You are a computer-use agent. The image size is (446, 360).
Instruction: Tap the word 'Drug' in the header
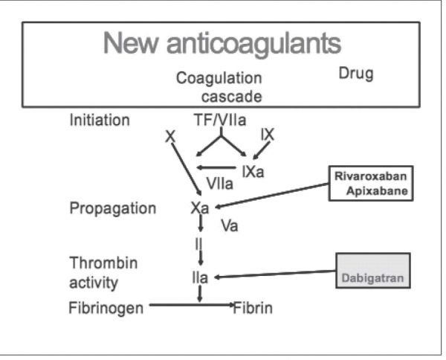click(x=355, y=74)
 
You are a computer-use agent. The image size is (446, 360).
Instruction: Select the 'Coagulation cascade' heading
click(x=219, y=87)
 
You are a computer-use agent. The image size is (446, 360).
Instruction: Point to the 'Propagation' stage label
click(x=112, y=208)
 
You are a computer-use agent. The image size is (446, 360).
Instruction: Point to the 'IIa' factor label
click(x=198, y=278)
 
